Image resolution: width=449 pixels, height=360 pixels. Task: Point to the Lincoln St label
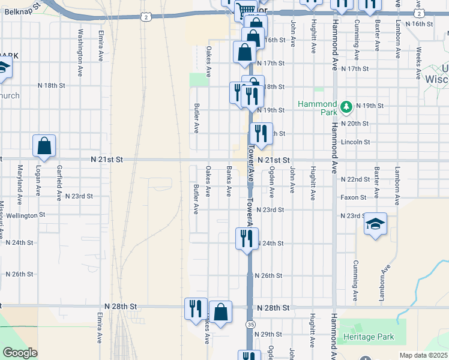coord(355,142)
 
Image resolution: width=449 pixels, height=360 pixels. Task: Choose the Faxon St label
coord(354,197)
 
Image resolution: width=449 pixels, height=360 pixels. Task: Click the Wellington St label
coord(25,214)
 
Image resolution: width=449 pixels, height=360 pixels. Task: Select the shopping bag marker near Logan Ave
coord(44,146)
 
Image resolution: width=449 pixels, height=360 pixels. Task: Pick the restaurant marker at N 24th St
coord(247,239)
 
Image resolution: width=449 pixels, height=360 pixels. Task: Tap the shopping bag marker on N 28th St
coord(220,311)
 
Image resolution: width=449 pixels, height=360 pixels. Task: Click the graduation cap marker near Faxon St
coord(376,224)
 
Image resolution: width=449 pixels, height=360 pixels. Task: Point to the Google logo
coord(19,353)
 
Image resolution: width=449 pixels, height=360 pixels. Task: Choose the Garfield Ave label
coord(59,182)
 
